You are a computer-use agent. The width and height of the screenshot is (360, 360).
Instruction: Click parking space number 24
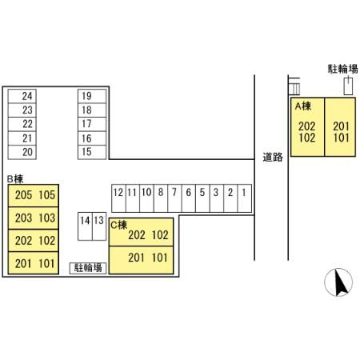22,96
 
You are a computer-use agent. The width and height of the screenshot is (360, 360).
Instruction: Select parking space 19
92,96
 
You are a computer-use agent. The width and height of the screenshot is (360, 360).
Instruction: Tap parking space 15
92,152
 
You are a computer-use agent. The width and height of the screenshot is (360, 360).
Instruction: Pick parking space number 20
22,152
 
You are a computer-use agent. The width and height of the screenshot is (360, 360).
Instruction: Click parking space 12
118,198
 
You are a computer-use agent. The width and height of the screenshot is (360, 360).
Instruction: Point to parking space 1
245,198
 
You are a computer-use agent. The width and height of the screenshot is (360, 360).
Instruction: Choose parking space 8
161,198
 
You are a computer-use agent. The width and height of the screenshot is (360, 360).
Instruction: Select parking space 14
85,226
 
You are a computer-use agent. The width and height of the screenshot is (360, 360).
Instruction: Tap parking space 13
99,226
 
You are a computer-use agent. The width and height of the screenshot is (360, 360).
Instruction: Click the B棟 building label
15,179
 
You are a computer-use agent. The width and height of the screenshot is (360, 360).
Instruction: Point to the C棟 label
118,225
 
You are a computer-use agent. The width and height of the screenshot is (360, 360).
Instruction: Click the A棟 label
303,106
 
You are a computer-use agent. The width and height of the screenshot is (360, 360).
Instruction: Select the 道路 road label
273,157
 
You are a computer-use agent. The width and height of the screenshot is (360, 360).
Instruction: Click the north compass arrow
341,283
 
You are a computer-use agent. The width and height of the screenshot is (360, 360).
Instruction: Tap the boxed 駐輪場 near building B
88,268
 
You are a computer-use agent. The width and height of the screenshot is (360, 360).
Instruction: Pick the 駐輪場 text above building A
343,69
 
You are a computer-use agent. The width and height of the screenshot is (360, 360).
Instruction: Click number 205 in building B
23,195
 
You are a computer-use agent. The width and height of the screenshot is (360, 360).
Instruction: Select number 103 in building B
47,218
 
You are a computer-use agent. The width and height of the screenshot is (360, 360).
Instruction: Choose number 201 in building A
341,126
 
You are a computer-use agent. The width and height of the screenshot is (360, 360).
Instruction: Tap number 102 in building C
160,235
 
